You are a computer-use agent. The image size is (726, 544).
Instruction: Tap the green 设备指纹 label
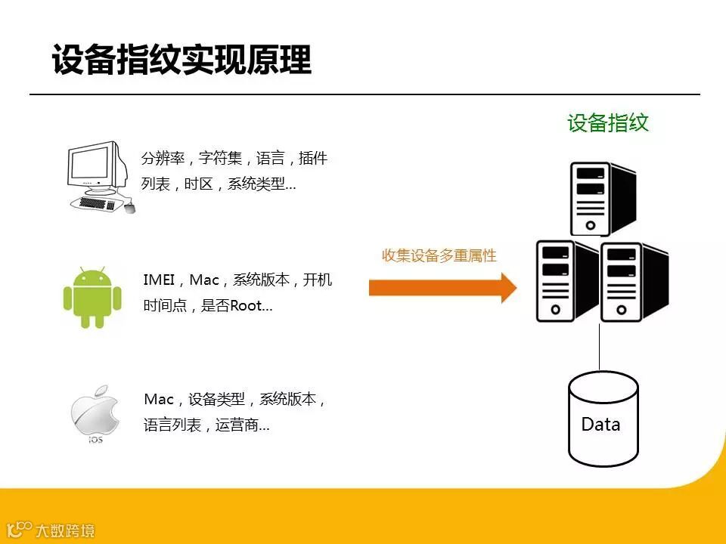tap(608, 123)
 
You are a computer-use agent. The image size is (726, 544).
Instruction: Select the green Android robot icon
tap(92, 297)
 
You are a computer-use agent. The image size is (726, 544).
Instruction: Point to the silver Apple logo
tap(95, 408)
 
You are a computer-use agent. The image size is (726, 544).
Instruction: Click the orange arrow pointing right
tap(443, 287)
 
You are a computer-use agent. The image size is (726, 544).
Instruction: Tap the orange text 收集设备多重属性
tap(439, 255)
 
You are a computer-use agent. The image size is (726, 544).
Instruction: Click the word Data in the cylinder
tap(600, 425)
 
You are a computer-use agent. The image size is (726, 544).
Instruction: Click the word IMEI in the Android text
tap(159, 280)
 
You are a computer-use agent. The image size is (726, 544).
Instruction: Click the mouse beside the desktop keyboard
tap(129, 208)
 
